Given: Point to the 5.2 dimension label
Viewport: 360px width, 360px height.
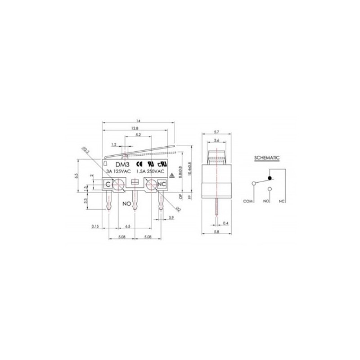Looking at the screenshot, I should click(138, 135).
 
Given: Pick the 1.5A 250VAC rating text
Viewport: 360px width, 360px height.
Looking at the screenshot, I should click(150, 171).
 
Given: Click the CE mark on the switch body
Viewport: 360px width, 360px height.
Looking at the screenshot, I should click(139, 165).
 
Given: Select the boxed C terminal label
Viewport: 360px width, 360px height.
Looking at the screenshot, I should click(108, 184).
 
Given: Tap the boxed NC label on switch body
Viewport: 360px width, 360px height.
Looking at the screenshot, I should click(162, 184).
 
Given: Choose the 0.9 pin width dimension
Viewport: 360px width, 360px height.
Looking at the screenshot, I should click(171, 218).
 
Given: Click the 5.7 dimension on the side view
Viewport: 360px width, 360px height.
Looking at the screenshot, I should click(216, 132).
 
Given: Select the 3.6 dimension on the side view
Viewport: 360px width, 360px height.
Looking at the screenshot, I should click(216, 140).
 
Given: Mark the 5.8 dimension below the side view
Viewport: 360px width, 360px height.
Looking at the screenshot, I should click(216, 233).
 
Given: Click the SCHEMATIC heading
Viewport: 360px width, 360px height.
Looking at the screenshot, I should click(267, 158).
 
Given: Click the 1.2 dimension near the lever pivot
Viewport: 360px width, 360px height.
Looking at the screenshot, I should click(114, 145).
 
